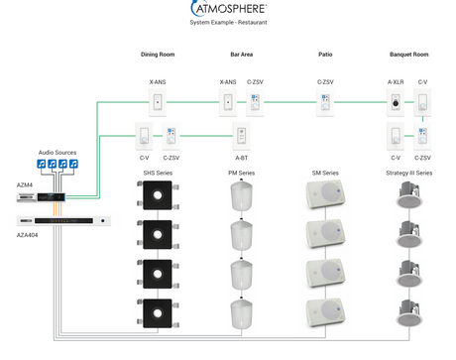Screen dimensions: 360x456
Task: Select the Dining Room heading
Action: click(157, 55)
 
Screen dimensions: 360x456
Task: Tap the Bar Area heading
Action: click(241, 55)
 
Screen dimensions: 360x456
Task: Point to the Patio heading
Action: click(325, 55)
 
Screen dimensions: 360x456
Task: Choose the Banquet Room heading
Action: click(408, 55)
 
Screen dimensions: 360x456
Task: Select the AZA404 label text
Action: click(27, 236)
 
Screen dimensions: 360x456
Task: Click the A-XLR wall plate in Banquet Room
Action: click(396, 101)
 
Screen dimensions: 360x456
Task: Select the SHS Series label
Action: click(157, 173)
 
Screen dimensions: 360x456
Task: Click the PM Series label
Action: click(241, 173)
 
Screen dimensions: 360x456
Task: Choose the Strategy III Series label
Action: click(408, 173)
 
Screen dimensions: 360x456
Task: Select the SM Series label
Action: click(325, 173)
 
